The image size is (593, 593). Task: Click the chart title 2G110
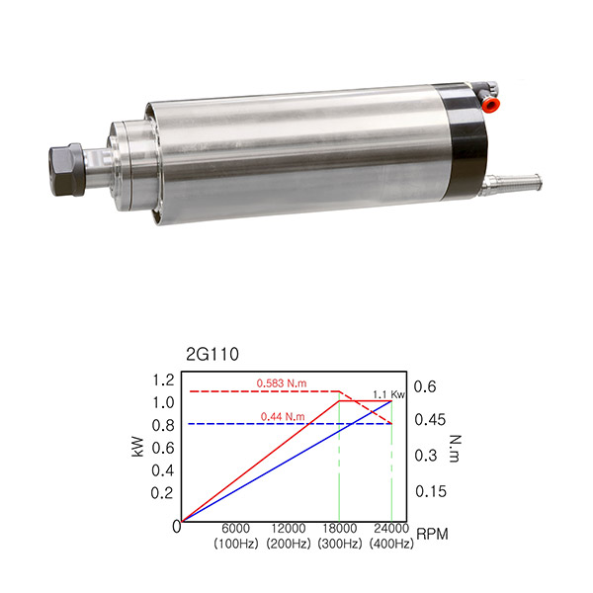[x=212, y=355]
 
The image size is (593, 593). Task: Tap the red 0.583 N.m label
[x=282, y=383]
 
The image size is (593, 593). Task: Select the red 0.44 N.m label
[x=283, y=417]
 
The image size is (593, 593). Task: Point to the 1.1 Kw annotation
[x=388, y=394]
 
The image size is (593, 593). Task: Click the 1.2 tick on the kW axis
[x=163, y=381]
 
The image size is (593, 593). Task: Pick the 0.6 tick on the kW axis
[x=163, y=448]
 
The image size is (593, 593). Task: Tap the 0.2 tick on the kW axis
[x=162, y=493]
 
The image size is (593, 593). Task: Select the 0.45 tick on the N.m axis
[x=430, y=420]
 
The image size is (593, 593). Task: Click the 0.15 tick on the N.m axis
[x=431, y=491]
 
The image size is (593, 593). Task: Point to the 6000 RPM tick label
[x=235, y=528]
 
